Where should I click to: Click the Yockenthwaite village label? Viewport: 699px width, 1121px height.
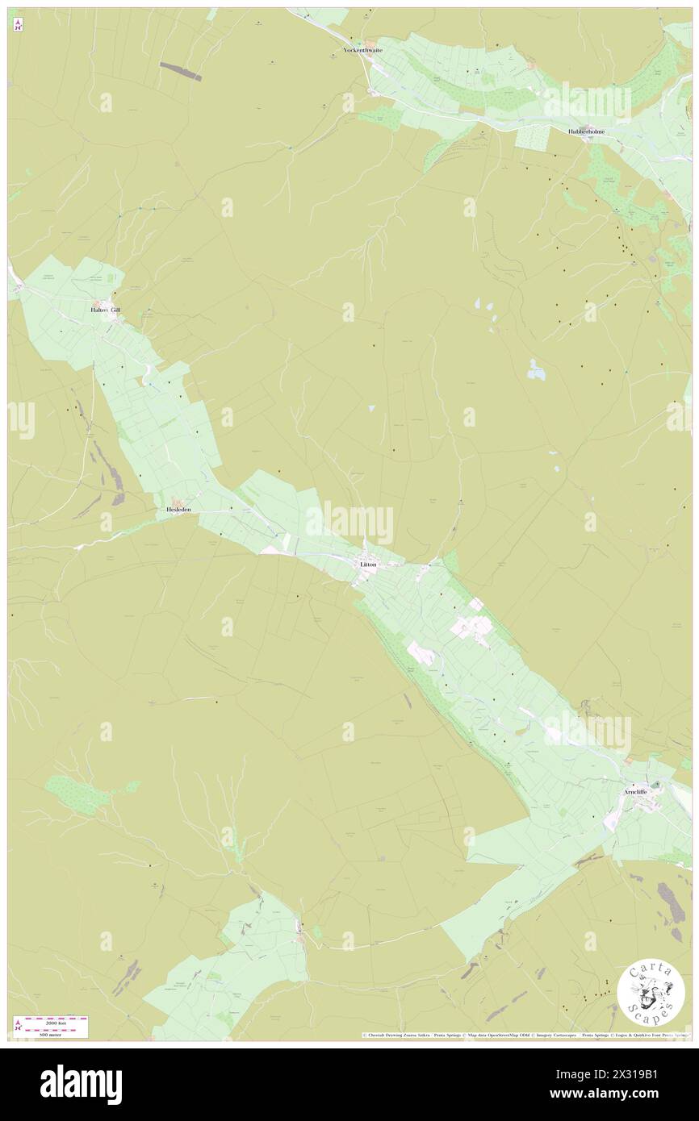362,50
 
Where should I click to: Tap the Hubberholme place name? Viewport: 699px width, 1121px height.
586,131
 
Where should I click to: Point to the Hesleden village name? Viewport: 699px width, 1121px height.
178,510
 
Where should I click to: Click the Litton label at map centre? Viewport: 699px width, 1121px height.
368,565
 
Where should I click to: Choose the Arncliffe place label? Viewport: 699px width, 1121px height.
639,792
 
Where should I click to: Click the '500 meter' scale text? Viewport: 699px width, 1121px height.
51,1034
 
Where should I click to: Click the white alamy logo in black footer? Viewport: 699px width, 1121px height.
82,1084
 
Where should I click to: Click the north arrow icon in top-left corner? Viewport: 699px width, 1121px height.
18,26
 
